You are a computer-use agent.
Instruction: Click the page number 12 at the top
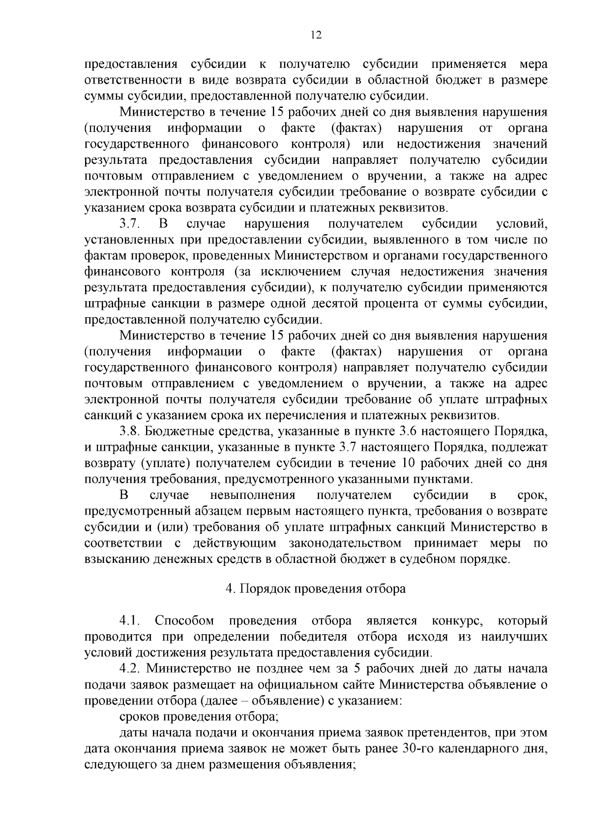tap(316, 35)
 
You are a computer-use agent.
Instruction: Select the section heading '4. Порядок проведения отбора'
tap(316, 589)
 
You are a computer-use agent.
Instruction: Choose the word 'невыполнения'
tap(252, 495)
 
